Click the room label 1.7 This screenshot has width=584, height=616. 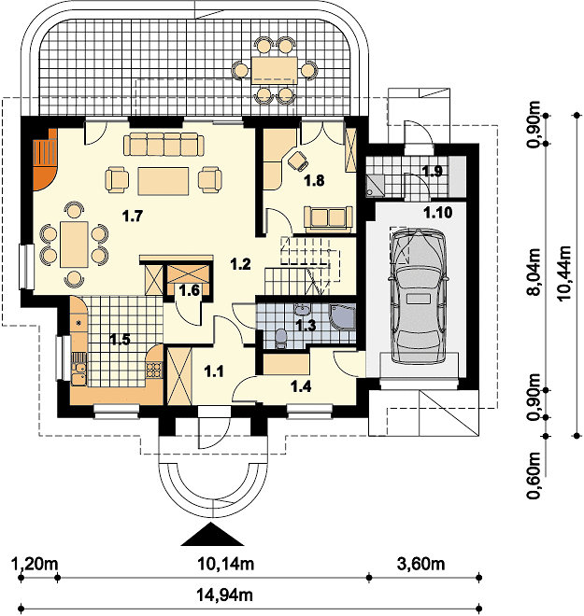click(x=132, y=216)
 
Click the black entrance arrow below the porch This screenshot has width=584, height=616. click(x=212, y=534)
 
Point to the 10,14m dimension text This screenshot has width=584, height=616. click(x=226, y=564)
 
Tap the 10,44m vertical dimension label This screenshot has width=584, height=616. click(x=564, y=273)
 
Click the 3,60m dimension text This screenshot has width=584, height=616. click(x=421, y=564)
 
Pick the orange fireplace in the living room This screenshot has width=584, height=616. click(x=45, y=159)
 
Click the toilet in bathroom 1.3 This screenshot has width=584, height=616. click(x=280, y=339)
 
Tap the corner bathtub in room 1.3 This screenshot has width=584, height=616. click(x=342, y=315)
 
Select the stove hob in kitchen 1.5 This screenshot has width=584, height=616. click(x=154, y=370)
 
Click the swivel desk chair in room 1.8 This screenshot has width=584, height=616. click(x=297, y=161)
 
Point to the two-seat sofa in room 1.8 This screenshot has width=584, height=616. click(x=328, y=217)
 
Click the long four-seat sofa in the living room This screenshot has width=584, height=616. click(x=164, y=144)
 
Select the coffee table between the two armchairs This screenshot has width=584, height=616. click(x=164, y=181)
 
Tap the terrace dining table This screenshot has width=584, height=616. click(x=274, y=70)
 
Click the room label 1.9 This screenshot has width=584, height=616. click(x=433, y=172)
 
